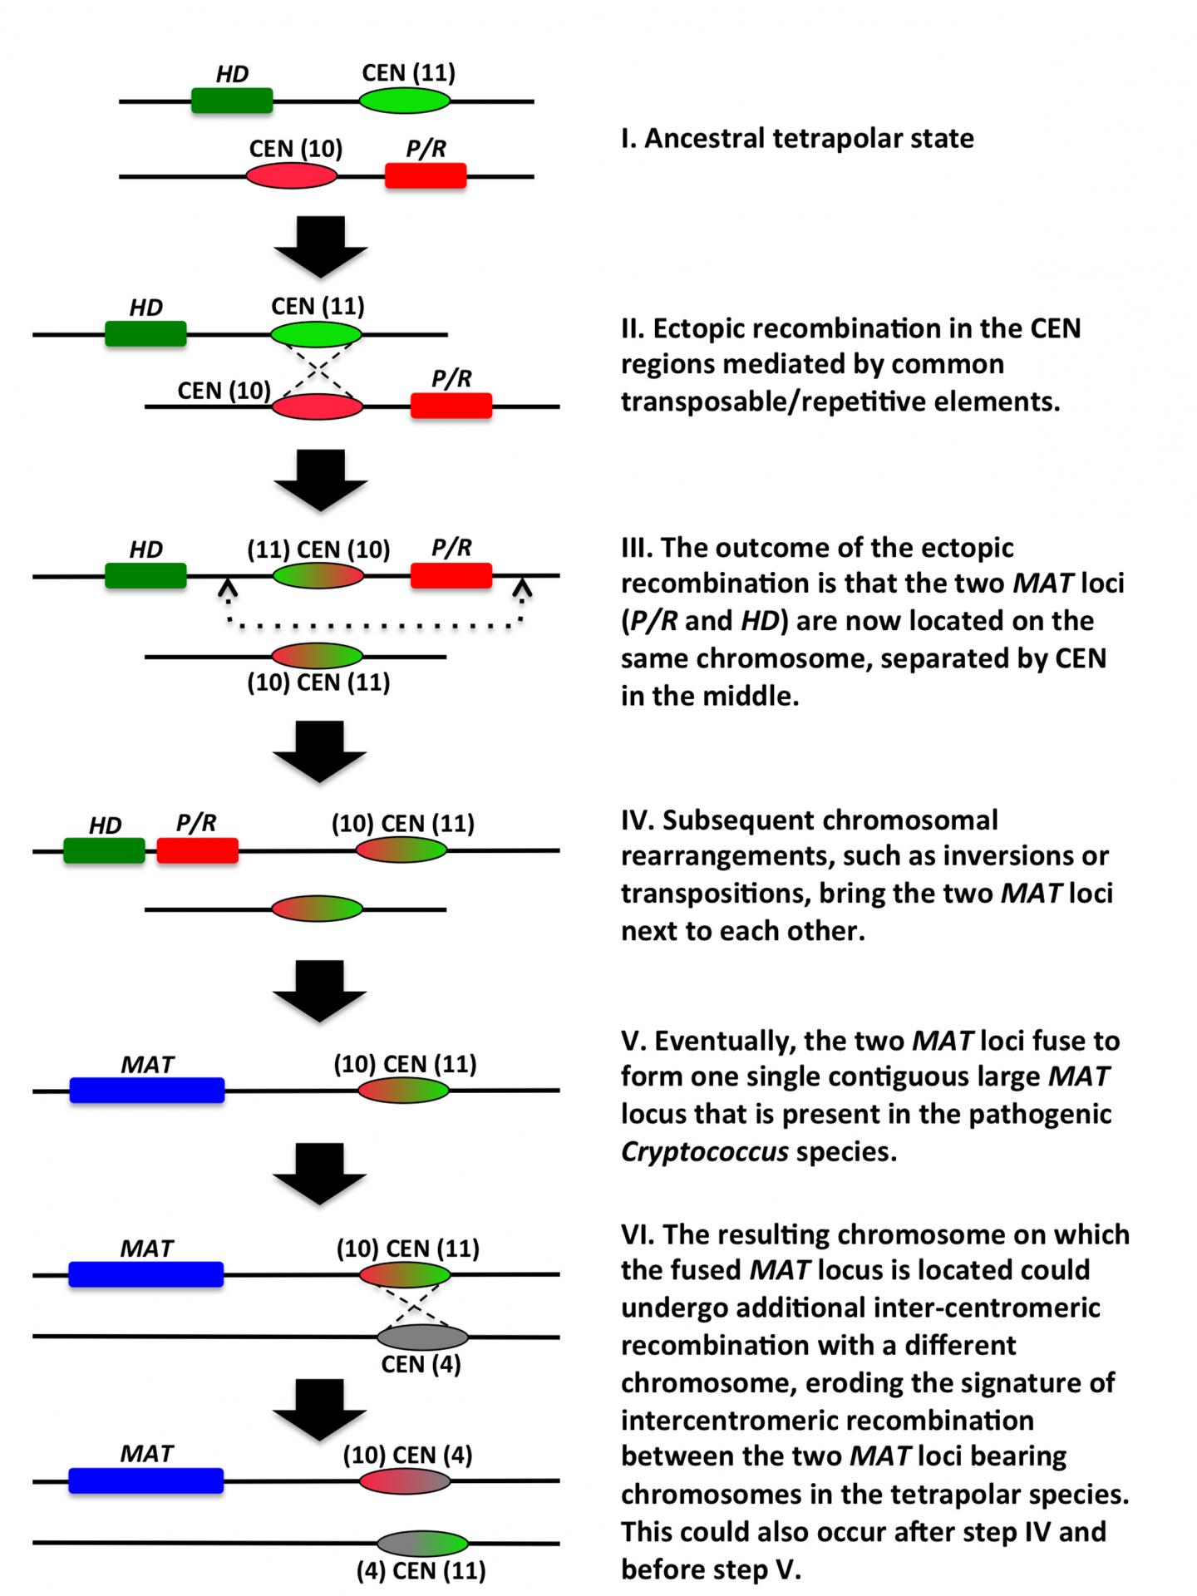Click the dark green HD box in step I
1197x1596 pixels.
(232, 101)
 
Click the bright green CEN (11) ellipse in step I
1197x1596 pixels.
(405, 101)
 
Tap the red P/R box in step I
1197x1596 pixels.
(426, 175)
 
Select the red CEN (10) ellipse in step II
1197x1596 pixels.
(318, 406)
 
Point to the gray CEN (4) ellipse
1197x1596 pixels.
(422, 1337)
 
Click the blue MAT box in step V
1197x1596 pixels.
(147, 1090)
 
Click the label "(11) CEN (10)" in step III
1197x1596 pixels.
(318, 549)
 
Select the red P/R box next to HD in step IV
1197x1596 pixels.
(198, 850)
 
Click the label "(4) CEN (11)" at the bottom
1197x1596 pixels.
(421, 1570)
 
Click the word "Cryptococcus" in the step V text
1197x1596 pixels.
(704, 1151)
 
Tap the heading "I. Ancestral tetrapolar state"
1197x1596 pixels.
(797, 138)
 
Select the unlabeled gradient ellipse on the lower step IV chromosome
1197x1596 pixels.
(318, 909)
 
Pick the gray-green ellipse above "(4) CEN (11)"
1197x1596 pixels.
(422, 1544)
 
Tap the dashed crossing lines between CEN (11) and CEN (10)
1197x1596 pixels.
(318, 372)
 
